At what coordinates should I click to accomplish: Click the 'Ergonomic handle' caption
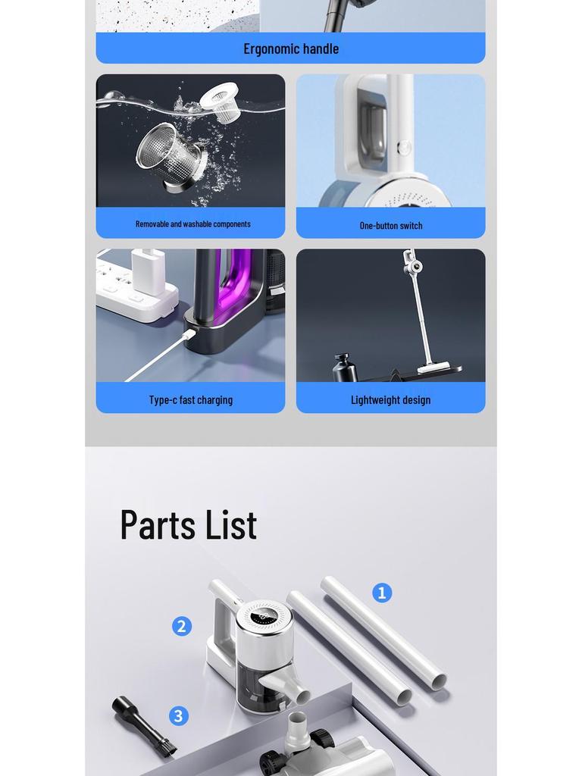[x=291, y=48]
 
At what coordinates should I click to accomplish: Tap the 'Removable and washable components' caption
[x=192, y=224]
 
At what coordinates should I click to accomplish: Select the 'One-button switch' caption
[x=390, y=225]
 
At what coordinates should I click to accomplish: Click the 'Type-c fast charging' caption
[x=191, y=399]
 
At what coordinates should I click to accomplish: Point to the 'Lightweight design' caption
[x=390, y=399]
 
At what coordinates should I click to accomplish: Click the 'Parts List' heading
[x=189, y=524]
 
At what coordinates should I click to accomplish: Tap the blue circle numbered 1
[x=382, y=593]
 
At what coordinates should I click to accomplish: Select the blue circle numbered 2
[x=182, y=626]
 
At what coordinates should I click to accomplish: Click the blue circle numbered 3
[x=179, y=715]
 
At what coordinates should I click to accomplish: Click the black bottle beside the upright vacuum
[x=345, y=367]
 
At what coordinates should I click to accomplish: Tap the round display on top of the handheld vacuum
[x=264, y=615]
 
